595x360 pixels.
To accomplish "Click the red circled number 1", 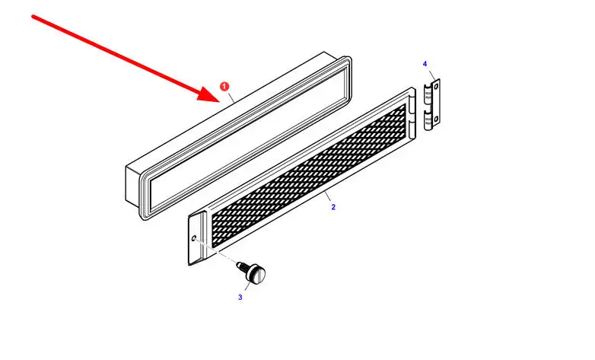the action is tap(224, 87).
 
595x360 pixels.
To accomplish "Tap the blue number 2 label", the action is tap(333, 207).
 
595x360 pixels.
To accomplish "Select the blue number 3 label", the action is tap(240, 297).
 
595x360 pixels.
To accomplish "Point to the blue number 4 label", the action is tap(425, 64).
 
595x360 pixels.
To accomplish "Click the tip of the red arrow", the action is tap(219, 102).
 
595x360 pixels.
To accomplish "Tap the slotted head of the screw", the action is tap(257, 273).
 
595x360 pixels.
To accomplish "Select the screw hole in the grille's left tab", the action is tap(194, 238).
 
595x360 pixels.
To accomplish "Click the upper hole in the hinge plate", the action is tap(436, 87).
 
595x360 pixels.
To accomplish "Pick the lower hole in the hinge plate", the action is tap(436, 119).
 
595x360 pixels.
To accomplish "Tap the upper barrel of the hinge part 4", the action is tap(428, 97).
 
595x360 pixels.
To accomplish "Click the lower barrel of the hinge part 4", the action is tap(428, 122).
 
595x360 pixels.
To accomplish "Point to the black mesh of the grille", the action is tap(308, 176).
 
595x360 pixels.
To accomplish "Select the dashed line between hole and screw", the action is tap(215, 250).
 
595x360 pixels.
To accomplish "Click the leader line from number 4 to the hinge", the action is tap(431, 75).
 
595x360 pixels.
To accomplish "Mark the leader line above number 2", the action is tap(327, 197).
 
